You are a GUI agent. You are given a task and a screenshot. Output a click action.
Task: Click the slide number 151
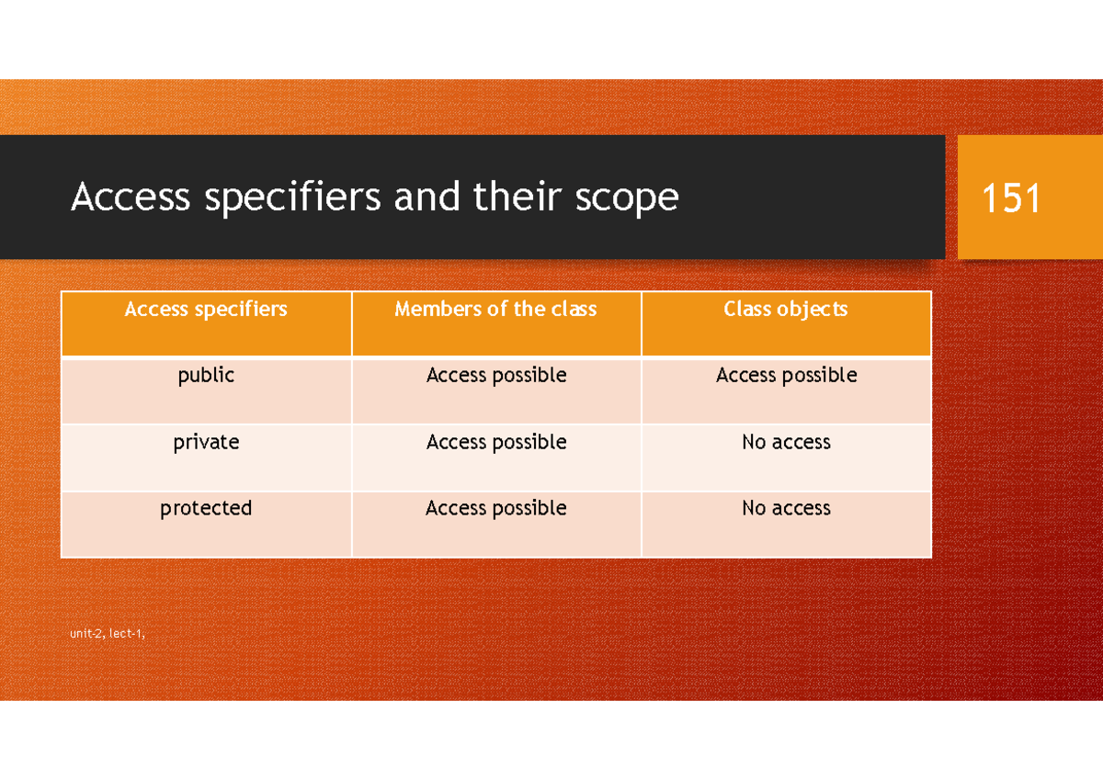1011,198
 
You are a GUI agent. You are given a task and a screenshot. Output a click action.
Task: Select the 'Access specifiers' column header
206,310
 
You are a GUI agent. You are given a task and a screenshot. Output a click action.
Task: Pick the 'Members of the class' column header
495,310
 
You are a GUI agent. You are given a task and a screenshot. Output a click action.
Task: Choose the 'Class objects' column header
786,310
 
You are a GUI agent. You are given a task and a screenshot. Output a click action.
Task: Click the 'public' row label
206,376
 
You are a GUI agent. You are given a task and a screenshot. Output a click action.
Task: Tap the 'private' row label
206,442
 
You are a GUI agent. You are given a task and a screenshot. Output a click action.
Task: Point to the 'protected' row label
206,508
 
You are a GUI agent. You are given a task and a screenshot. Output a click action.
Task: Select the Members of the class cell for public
495,376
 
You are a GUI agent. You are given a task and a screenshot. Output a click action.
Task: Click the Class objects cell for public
786,376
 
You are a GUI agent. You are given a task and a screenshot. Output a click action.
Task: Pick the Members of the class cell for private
495,442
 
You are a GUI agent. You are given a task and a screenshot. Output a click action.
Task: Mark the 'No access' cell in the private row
786,442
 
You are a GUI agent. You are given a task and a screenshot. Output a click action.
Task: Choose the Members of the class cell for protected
495,508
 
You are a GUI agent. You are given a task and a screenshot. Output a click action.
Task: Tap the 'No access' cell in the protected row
786,508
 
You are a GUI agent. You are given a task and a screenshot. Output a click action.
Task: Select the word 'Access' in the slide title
131,197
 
